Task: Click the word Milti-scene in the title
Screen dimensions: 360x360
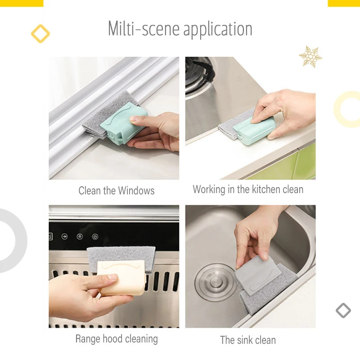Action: coord(144,29)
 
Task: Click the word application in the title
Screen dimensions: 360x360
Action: coord(218,30)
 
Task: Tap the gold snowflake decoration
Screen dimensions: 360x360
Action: coord(310,57)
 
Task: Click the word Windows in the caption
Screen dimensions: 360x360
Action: coord(136,190)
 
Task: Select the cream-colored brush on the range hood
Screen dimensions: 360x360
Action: coord(121,278)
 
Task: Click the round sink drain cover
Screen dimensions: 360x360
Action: coord(215,282)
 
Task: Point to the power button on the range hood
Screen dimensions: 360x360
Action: coord(95,237)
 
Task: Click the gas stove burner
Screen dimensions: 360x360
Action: coord(199,76)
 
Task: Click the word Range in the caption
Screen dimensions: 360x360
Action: coord(87,339)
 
